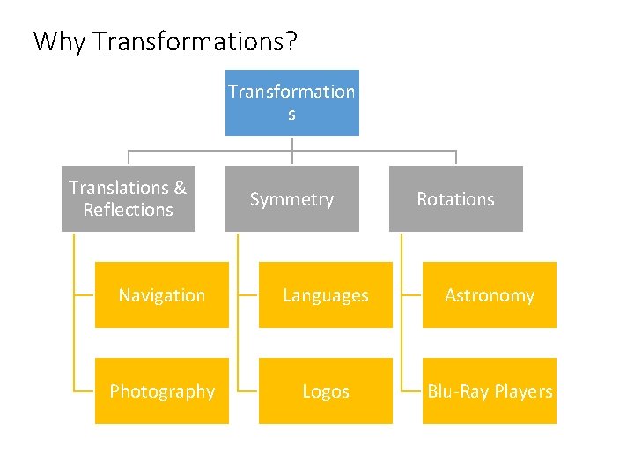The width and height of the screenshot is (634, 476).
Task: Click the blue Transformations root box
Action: pyautogui.click(x=291, y=102)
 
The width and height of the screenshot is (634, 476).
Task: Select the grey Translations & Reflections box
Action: pyautogui.click(x=128, y=198)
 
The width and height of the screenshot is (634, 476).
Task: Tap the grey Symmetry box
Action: pyautogui.click(x=291, y=198)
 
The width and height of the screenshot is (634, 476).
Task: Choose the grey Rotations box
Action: pyautogui.click(x=455, y=198)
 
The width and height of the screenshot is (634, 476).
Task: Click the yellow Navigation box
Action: pyautogui.click(x=161, y=294)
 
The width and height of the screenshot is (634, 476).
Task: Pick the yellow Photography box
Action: pyautogui.click(x=161, y=390)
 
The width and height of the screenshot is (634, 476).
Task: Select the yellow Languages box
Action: pyautogui.click(x=325, y=294)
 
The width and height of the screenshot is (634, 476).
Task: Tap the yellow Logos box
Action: pyautogui.click(x=325, y=390)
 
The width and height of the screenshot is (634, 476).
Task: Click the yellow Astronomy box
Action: pyautogui.click(x=489, y=294)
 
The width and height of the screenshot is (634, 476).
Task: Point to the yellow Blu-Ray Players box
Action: pyautogui.click(x=489, y=390)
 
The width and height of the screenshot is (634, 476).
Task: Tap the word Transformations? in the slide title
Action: pyautogui.click(x=194, y=41)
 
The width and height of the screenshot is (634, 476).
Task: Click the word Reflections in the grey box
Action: pyautogui.click(x=128, y=210)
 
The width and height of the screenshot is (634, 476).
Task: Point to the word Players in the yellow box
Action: pyautogui.click(x=523, y=391)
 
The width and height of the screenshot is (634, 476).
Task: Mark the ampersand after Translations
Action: pyautogui.click(x=181, y=188)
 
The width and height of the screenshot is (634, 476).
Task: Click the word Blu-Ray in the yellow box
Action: pyautogui.click(x=458, y=391)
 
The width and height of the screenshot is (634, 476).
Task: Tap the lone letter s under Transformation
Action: pyautogui.click(x=291, y=115)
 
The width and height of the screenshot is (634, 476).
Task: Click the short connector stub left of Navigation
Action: pyautogui.click(x=85, y=294)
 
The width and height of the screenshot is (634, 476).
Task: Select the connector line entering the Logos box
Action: pyautogui.click(x=248, y=390)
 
